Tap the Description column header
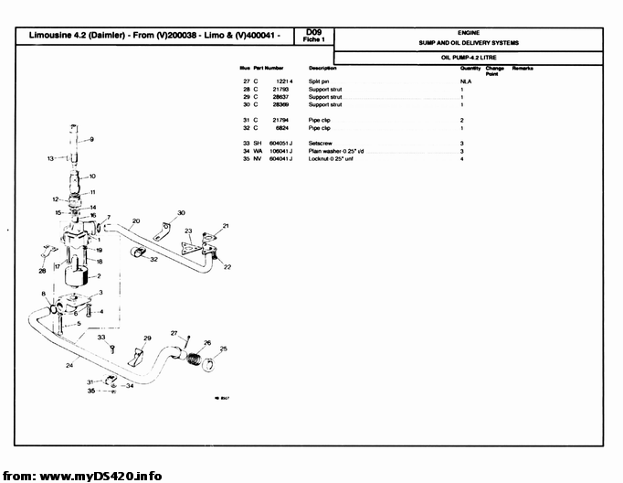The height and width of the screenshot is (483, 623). coord(322,69)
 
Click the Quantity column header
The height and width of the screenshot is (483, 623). coord(470,69)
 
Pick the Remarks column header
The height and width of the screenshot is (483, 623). coord(523,69)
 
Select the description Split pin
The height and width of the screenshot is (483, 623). coord(320,81)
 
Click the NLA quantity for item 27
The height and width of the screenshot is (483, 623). coord(465,81)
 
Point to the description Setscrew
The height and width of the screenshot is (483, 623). coord(321,144)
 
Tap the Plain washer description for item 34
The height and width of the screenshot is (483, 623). coord(336,152)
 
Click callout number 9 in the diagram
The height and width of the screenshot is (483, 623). coord(91,140)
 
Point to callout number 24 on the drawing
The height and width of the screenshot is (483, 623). coord(69,366)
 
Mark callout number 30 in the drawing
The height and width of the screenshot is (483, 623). coord(181,213)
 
